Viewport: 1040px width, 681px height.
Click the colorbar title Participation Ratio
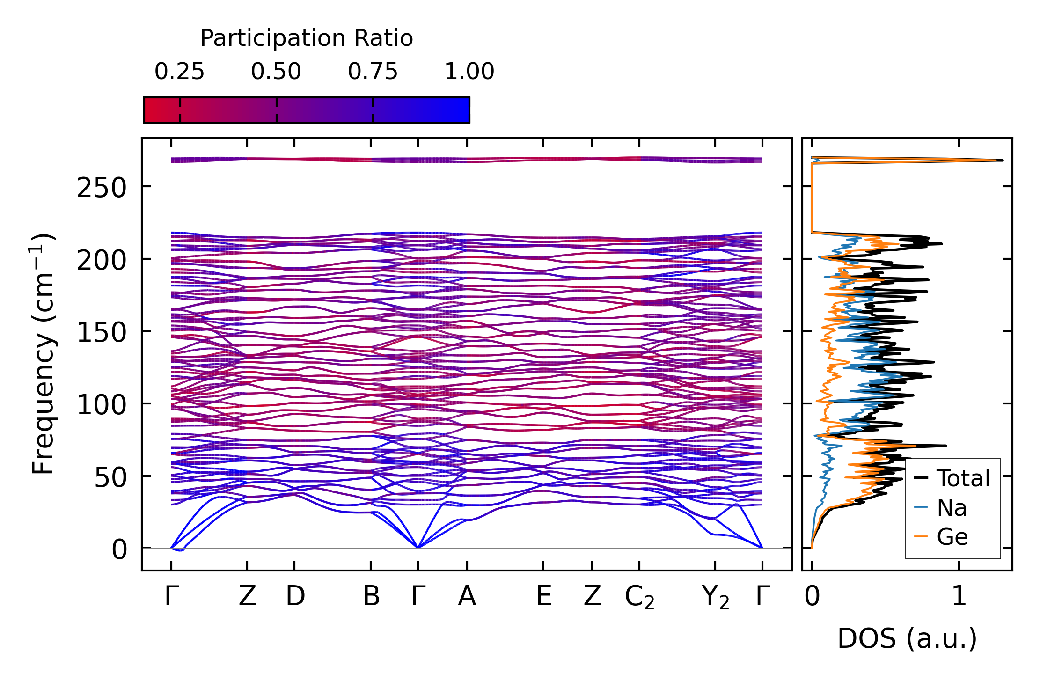[x=307, y=38]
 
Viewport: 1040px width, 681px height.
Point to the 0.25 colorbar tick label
[x=180, y=72]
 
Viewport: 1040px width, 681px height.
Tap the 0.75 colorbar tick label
[x=373, y=72]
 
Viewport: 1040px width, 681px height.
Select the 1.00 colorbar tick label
[x=469, y=72]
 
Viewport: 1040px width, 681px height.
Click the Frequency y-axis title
[x=44, y=354]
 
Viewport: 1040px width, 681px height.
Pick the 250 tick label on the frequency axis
[x=102, y=189]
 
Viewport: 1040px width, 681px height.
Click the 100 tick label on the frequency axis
[x=102, y=405]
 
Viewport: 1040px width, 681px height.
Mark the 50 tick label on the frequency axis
[x=110, y=477]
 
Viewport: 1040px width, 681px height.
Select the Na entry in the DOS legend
[x=952, y=508]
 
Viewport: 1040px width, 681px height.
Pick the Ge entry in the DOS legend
[x=952, y=537]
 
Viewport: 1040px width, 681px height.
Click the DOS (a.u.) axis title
[x=907, y=638]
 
